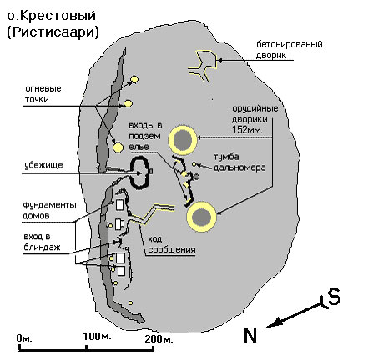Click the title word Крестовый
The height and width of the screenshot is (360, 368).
pyautogui.click(x=58, y=16)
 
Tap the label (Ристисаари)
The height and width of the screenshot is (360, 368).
pyautogui.click(x=53, y=32)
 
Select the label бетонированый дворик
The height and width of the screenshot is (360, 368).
pyautogui.click(x=290, y=50)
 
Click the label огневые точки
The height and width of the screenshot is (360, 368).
pyautogui.click(x=43, y=94)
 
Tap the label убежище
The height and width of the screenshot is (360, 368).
pyautogui.click(x=43, y=165)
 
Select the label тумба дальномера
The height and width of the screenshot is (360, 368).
pyautogui.click(x=239, y=162)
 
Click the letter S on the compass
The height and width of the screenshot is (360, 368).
pyautogui.click(x=334, y=297)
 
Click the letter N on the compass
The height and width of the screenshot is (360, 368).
pyautogui.click(x=250, y=335)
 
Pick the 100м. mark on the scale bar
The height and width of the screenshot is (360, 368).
pyautogui.click(x=97, y=337)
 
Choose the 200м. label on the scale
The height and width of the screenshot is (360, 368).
pyautogui.click(x=159, y=338)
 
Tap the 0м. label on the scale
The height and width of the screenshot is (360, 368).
pyautogui.click(x=24, y=338)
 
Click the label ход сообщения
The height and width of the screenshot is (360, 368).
pyautogui.click(x=171, y=244)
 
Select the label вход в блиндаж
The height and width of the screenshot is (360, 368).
pyautogui.click(x=42, y=242)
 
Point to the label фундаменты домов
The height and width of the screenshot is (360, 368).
pyautogui.click(x=49, y=210)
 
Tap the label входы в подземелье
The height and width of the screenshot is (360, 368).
pyautogui.click(x=145, y=136)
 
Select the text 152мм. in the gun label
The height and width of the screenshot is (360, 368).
pyautogui.click(x=247, y=129)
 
